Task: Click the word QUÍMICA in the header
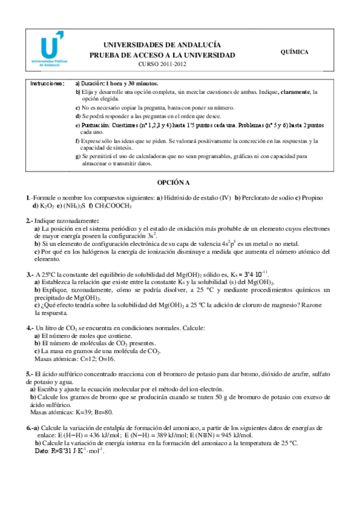coord(294,52)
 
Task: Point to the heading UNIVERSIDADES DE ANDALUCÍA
coord(162,45)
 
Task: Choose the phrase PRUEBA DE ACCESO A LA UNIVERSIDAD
coord(162,55)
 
